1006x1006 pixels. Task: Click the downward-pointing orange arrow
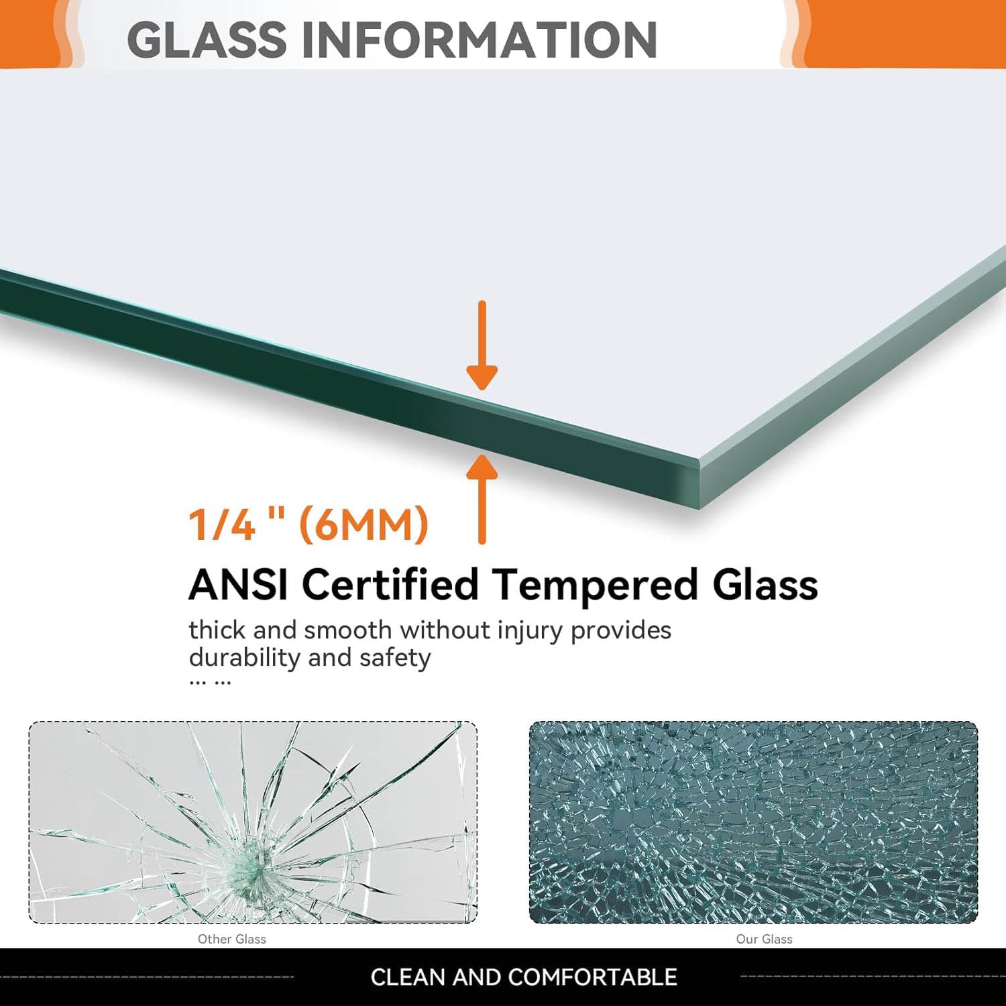pyautogui.click(x=482, y=345)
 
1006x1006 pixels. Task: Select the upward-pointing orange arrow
pyautogui.click(x=482, y=498)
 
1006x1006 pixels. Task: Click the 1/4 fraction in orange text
pyautogui.click(x=222, y=524)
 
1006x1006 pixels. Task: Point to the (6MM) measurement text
pyautogui.click(x=363, y=524)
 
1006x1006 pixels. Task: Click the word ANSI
pyautogui.click(x=239, y=584)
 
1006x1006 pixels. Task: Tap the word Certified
pyautogui.click(x=390, y=584)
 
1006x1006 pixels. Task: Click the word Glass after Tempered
pyautogui.click(x=765, y=584)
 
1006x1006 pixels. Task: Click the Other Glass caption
pyautogui.click(x=232, y=939)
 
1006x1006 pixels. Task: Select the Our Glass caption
pyautogui.click(x=765, y=939)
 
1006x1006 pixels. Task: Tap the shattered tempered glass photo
pyautogui.click(x=753, y=822)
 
